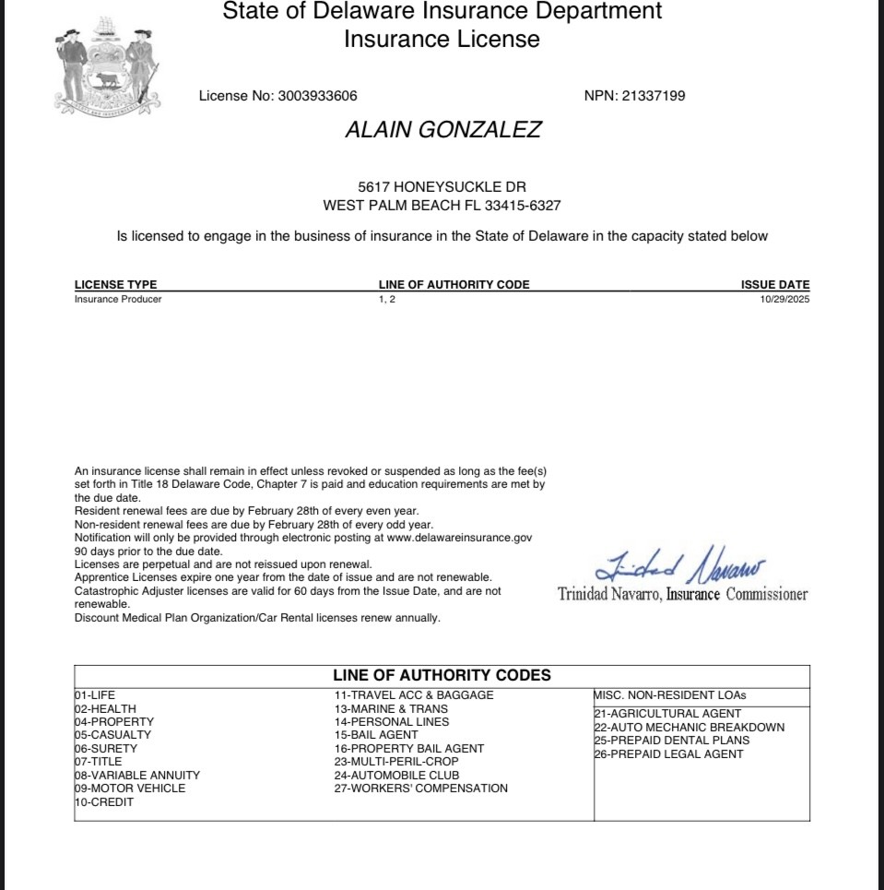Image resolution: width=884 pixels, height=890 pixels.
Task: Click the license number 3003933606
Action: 317,96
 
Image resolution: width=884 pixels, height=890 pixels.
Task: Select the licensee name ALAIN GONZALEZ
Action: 442,130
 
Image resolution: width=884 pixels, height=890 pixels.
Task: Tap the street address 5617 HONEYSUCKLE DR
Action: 442,187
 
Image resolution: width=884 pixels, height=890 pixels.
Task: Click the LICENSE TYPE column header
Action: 115,285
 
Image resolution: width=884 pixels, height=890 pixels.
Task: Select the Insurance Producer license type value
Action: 118,299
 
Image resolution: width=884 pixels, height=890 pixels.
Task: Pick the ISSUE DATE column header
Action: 775,285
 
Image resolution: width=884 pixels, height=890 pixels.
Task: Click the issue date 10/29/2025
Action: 784,299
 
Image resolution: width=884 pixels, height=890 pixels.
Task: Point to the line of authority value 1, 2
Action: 386,299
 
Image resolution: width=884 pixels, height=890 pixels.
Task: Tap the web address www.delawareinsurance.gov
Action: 457,537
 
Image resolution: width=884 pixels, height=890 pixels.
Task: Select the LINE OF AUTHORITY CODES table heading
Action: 442,675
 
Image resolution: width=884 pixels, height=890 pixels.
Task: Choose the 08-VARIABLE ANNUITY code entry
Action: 137,776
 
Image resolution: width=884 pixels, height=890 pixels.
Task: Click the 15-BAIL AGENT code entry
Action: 376,735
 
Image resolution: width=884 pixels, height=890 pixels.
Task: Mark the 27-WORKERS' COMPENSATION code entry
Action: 420,789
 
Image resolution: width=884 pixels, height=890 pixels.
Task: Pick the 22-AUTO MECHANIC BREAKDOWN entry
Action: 690,727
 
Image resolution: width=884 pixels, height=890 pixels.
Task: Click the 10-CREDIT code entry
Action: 104,802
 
